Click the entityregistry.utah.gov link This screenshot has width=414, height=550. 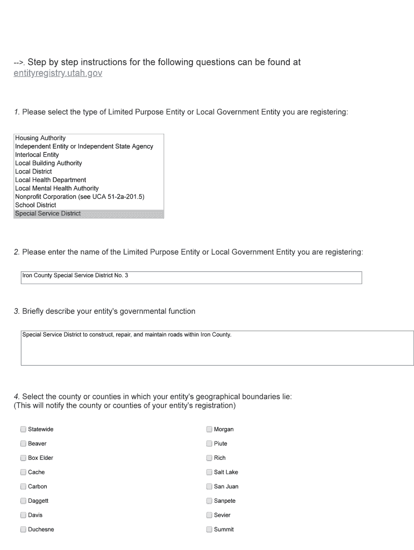pyautogui.click(x=58, y=73)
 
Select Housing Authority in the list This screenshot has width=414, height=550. pyautogui.click(x=40, y=138)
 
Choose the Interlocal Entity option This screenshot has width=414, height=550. pyautogui.click(x=37, y=155)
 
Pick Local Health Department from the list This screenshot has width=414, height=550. pyautogui.click(x=51, y=180)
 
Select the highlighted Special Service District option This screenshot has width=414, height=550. pyautogui.click(x=48, y=214)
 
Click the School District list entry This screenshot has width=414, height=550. pyautogui.click(x=35, y=205)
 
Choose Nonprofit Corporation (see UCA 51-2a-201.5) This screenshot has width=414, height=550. pyautogui.click(x=80, y=197)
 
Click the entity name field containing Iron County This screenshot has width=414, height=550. pyautogui.click(x=191, y=277)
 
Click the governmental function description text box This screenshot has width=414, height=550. pyautogui.click(x=217, y=348)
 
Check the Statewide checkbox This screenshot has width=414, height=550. pyautogui.click(x=23, y=429)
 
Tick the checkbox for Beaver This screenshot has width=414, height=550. pyautogui.click(x=23, y=444)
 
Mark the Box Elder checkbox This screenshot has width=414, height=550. pyautogui.click(x=23, y=458)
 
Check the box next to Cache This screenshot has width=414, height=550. pyautogui.click(x=23, y=472)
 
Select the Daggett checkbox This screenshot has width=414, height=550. pyautogui.click(x=23, y=501)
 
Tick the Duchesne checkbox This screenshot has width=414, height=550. pyautogui.click(x=23, y=530)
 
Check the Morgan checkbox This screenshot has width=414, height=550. pyautogui.click(x=209, y=429)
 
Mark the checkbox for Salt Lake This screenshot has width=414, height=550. pyautogui.click(x=209, y=472)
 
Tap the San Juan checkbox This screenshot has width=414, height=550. pyautogui.click(x=209, y=487)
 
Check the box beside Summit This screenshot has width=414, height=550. pyautogui.click(x=209, y=530)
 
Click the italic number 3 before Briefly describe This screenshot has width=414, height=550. pyautogui.click(x=16, y=312)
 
